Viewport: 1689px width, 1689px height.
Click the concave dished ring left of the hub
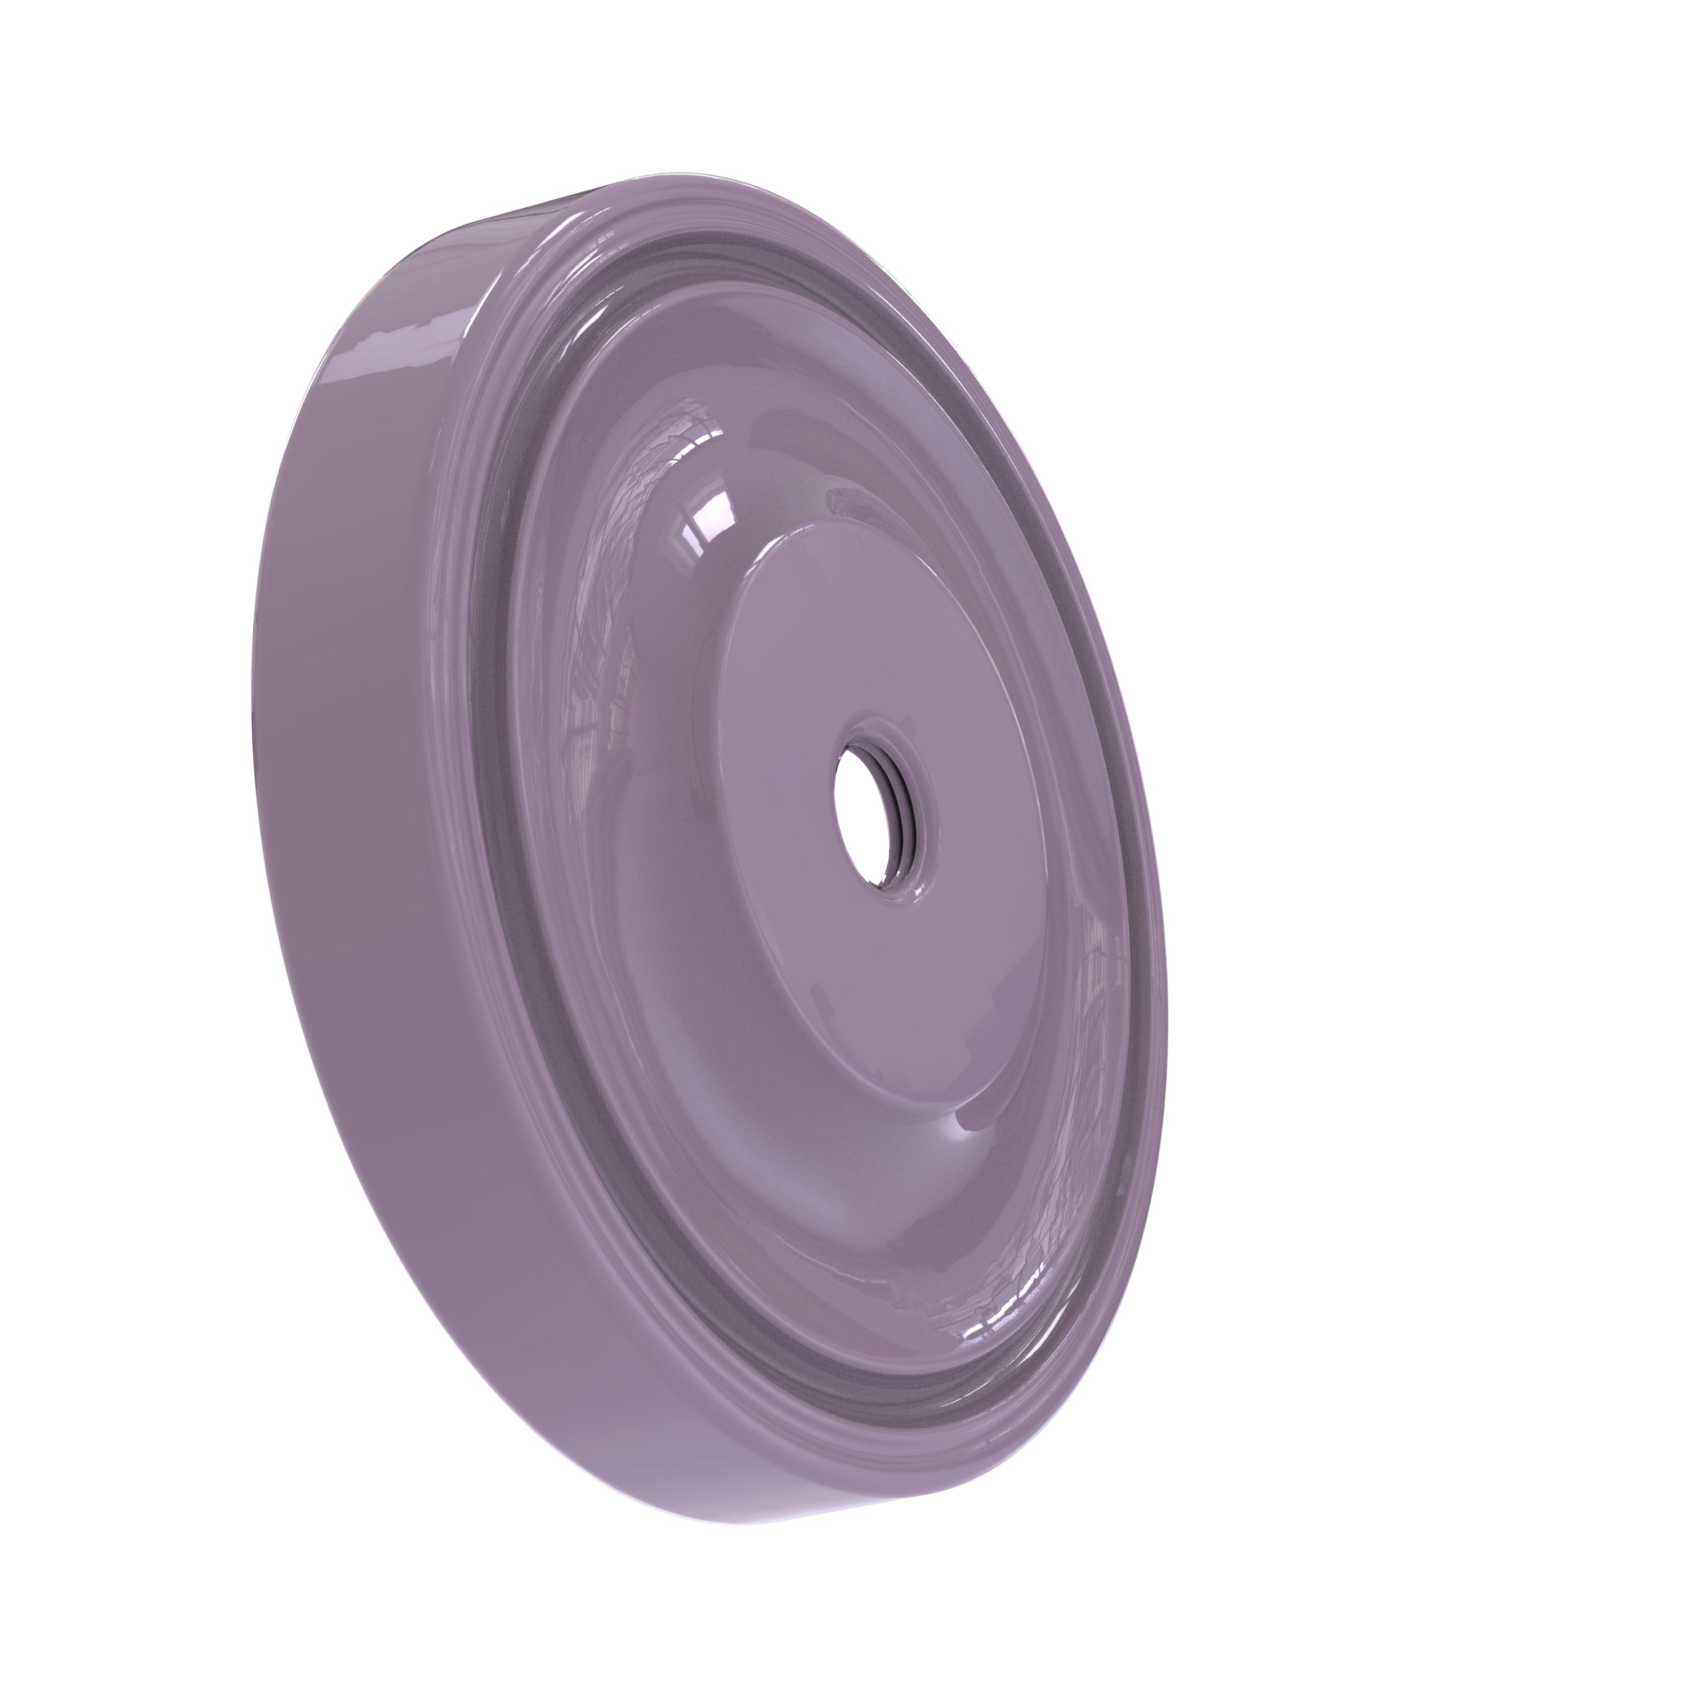pos(612,787)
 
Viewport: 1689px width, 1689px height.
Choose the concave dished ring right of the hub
pos(1084,874)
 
